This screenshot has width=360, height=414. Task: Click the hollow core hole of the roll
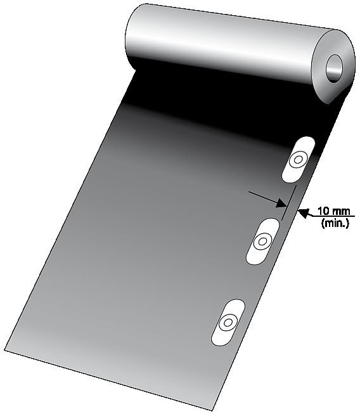coord(334,68)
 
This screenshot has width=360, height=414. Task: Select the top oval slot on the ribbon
coord(299,160)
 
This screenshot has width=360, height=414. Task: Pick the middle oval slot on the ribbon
coord(262,242)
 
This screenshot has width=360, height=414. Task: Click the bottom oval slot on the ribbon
coord(228,322)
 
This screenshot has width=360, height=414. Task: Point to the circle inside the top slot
coord(299,160)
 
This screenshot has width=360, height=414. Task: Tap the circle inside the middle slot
coord(262,242)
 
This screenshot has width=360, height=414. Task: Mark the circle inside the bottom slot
coord(228,322)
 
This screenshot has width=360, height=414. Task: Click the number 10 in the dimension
coord(323,211)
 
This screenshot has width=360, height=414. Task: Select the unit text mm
coord(341,212)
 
